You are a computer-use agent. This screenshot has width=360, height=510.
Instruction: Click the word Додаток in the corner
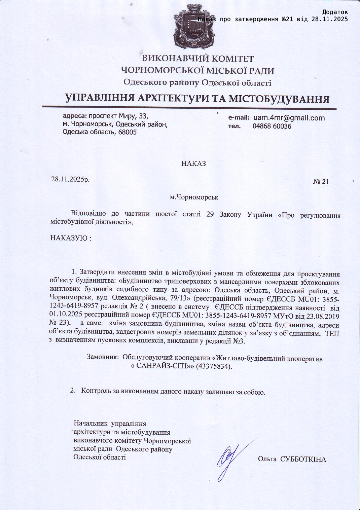point(335,12)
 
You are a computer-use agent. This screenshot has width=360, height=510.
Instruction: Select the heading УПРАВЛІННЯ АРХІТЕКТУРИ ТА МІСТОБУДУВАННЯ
point(197,99)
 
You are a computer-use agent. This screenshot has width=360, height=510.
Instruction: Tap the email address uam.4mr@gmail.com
point(289,118)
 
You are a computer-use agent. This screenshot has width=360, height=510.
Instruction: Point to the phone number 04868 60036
point(272,126)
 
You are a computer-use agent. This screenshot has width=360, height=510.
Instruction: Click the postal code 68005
point(126,132)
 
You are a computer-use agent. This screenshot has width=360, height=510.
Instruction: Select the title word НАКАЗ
point(193,164)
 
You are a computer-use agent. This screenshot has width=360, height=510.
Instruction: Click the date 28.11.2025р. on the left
point(70,179)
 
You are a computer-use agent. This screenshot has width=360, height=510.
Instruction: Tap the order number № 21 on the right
point(321,182)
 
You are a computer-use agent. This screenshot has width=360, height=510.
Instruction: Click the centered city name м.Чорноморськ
point(194,197)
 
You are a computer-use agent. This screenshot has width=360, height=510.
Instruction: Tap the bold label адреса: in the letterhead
point(75,116)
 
